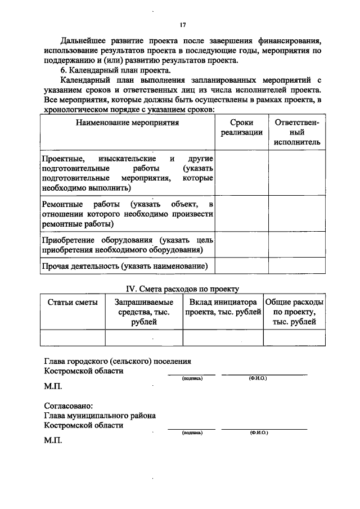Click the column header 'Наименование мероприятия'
(x=128, y=123)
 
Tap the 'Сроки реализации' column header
(x=241, y=128)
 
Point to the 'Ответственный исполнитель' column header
(x=297, y=132)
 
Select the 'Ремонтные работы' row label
(x=128, y=213)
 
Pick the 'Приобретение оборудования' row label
(x=128, y=245)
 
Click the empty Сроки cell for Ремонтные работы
(x=241, y=213)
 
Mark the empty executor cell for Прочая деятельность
(x=297, y=266)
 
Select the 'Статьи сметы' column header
(x=73, y=302)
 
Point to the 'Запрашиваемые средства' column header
(x=144, y=312)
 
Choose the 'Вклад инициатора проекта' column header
(x=223, y=307)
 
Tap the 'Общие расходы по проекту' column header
(x=294, y=312)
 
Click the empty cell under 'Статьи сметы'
(x=73, y=337)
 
